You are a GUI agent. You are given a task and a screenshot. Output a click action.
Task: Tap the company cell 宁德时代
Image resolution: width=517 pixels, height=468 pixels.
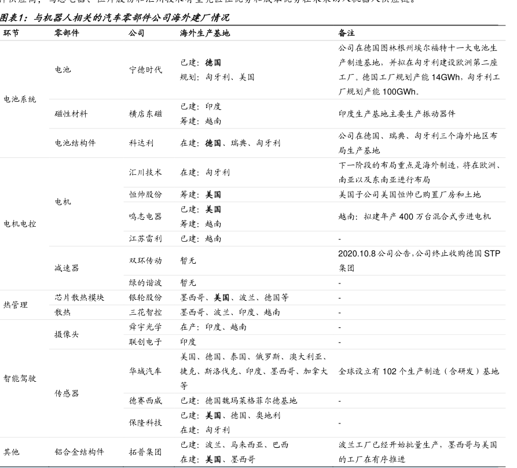click(x=145, y=70)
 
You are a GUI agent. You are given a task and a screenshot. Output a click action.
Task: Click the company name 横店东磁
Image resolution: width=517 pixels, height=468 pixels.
click(x=145, y=114)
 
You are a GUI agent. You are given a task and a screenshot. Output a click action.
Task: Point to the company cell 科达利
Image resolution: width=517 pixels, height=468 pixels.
click(x=141, y=143)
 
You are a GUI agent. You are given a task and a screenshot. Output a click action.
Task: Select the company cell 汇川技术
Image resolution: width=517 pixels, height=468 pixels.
click(x=145, y=172)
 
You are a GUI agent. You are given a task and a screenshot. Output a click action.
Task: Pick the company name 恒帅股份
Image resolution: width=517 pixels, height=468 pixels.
click(x=145, y=195)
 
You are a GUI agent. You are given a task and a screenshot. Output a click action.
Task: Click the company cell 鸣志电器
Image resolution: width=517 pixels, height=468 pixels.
click(x=145, y=216)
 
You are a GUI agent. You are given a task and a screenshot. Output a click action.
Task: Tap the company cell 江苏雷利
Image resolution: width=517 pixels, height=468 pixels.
click(x=145, y=238)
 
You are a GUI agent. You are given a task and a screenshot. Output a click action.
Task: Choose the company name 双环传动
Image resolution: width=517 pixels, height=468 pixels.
click(x=145, y=261)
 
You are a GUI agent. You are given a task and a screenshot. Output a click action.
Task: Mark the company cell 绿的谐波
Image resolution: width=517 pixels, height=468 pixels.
click(x=145, y=283)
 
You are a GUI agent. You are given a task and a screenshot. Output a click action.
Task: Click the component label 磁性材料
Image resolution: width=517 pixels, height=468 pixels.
click(x=71, y=114)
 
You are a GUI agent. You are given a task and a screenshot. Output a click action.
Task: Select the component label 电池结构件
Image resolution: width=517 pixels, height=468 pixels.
click(x=75, y=143)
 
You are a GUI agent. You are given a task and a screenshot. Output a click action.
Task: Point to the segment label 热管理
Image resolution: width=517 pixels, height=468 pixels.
click(x=15, y=305)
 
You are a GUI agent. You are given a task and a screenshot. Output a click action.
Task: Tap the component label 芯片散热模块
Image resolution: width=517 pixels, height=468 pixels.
click(x=79, y=298)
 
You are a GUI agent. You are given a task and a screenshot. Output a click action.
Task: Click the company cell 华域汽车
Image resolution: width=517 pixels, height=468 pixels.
click(x=145, y=371)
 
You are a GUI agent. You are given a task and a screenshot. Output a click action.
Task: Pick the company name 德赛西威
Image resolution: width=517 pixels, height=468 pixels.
click(x=145, y=400)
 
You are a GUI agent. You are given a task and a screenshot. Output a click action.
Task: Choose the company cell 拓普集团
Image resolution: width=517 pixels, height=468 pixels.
click(x=145, y=452)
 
